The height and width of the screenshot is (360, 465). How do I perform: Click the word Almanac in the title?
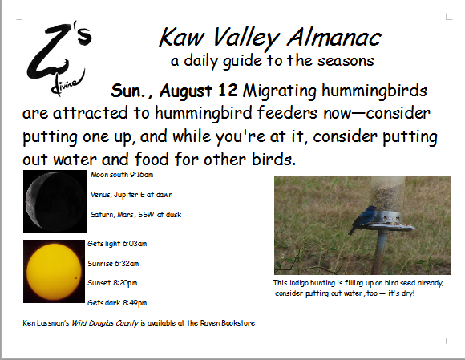[334, 38]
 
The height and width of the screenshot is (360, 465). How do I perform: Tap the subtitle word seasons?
[346, 61]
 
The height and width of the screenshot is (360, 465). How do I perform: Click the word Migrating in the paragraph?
[279, 91]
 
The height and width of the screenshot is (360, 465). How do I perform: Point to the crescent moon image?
[55, 201]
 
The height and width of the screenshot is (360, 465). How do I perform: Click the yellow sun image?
[54, 271]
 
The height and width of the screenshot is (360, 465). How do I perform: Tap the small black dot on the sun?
[76, 278]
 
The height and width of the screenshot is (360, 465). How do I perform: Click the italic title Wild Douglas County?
[105, 323]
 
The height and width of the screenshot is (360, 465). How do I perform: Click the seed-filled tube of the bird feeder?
[387, 193]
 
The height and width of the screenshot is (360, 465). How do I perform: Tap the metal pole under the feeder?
[381, 252]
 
